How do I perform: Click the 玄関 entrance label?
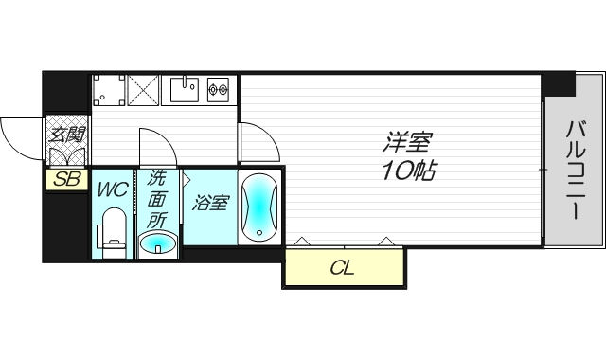pyautogui.click(x=67, y=135)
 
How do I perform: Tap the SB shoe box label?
pyautogui.click(x=67, y=179)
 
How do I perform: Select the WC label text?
pyautogui.click(x=113, y=189)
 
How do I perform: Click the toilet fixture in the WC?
pyautogui.click(x=113, y=233)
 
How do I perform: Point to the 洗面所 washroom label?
pyautogui.click(x=156, y=199)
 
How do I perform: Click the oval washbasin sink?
pyautogui.click(x=158, y=243)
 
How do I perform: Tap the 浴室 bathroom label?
pyautogui.click(x=211, y=203)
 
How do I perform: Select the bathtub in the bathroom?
pyautogui.click(x=259, y=208)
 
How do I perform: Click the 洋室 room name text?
pyautogui.click(x=407, y=142)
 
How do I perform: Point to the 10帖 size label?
pyautogui.click(x=409, y=171)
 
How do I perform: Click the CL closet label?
pyautogui.click(x=343, y=267)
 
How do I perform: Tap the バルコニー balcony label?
pyautogui.click(x=575, y=171)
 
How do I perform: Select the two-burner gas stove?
pyautogui.click(x=218, y=90)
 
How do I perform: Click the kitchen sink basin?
pyautogui.click(x=185, y=90)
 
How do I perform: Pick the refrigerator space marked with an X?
pyautogui.click(x=143, y=90)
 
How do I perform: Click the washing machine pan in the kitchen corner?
pyautogui.click(x=109, y=90)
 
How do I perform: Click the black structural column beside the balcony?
pyautogui.click(x=558, y=84)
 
